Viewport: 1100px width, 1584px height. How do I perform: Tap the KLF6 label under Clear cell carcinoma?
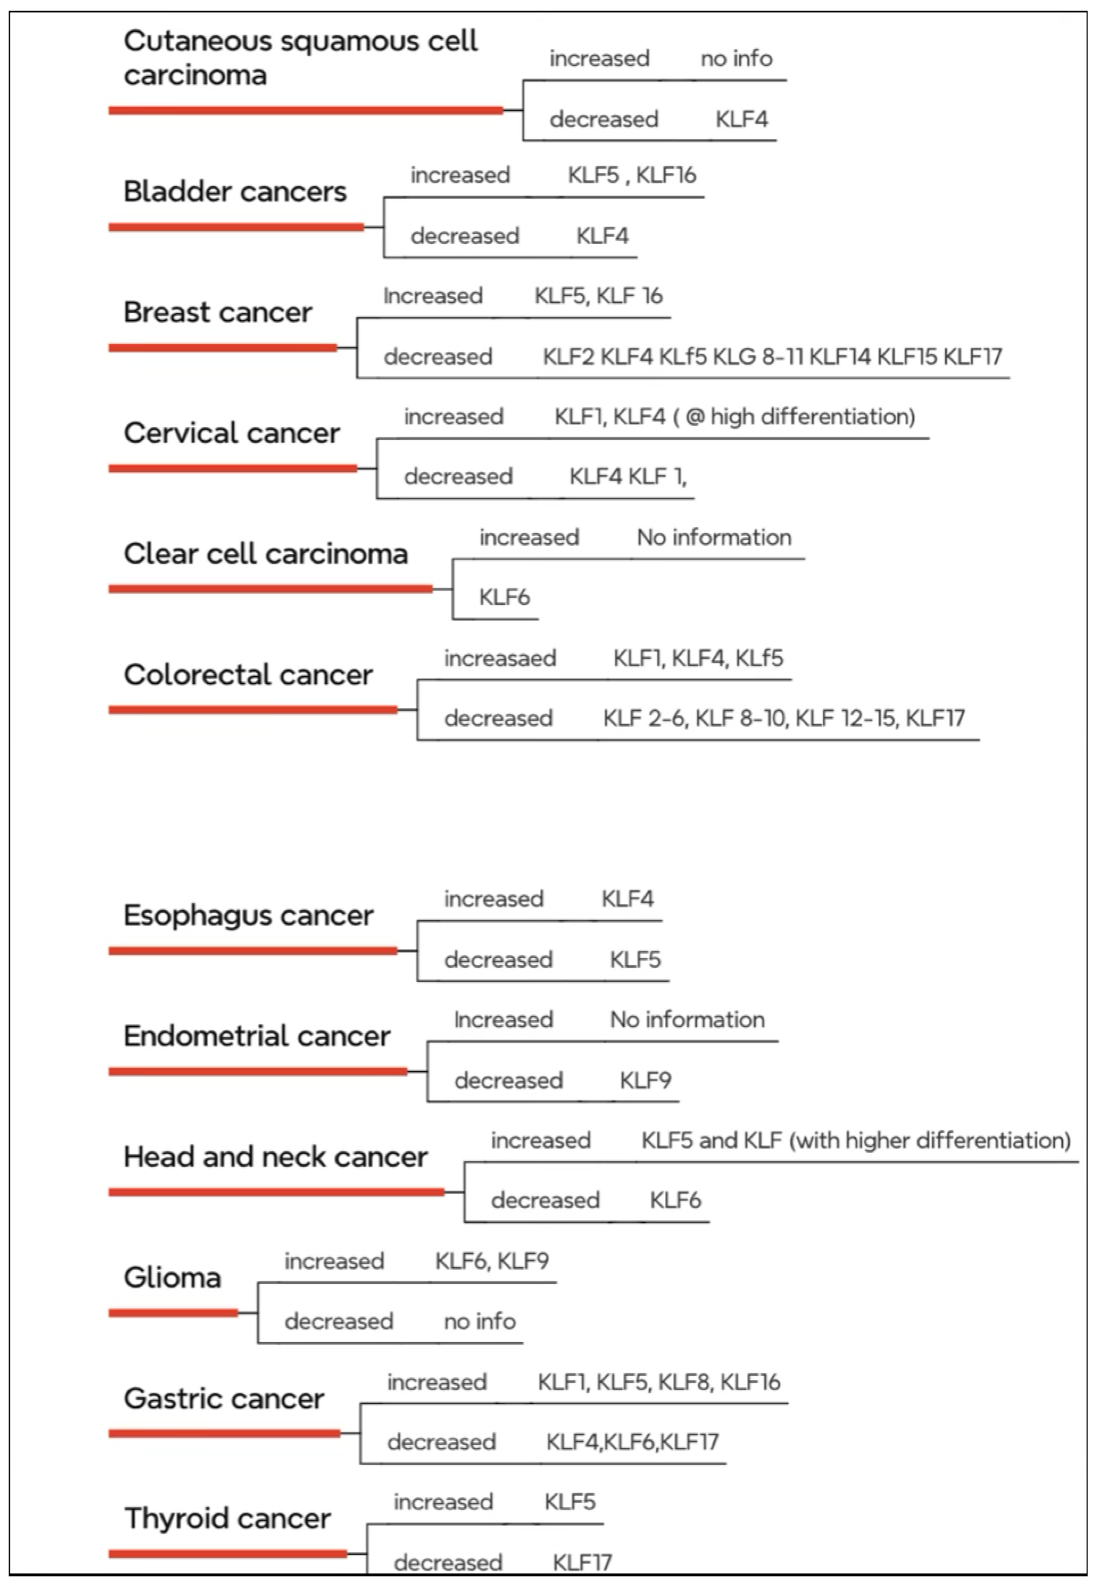click(x=505, y=597)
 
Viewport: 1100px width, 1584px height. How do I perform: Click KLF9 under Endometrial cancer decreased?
click(x=645, y=1080)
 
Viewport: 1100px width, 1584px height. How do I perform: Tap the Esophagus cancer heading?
click(x=248, y=915)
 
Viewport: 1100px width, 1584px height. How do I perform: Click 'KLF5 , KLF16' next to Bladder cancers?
click(x=631, y=175)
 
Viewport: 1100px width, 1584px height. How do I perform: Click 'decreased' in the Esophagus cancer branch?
click(x=498, y=959)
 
